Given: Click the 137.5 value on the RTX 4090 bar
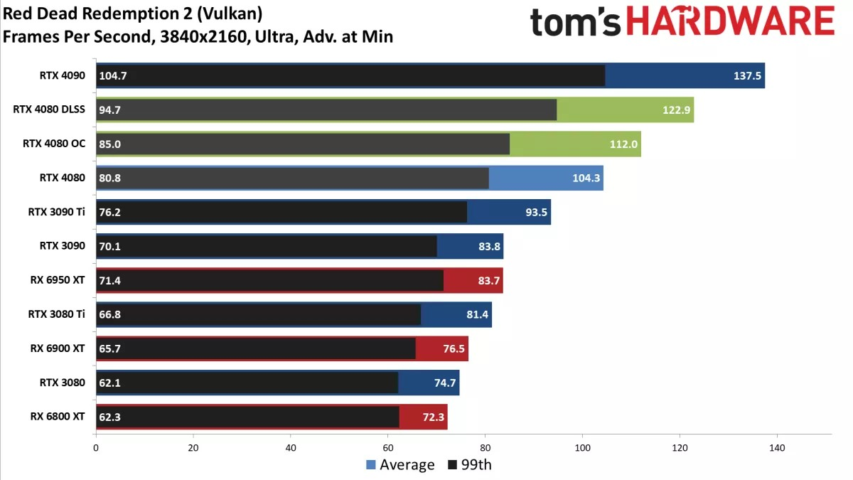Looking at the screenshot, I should pos(748,75).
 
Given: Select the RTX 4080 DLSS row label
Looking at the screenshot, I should pos(49,110).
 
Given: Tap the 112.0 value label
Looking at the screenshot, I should pos(625,144).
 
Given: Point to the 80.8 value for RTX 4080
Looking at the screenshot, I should pos(110,178).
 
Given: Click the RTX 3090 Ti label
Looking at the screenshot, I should pos(56,212).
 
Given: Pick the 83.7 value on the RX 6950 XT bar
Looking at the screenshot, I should pos(488,280).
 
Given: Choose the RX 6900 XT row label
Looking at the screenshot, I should pos(58,348).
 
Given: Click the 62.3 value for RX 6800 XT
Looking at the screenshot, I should pos(110,417).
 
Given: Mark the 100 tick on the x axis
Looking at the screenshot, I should pos(582,449).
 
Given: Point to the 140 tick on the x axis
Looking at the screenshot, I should pos(777,449).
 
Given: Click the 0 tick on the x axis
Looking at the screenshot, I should pos(96,449).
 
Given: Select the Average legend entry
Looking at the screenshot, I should pos(400,465).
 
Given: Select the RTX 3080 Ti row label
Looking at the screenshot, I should pos(56,314).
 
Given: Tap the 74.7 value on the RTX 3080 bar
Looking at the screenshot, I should pos(445,383).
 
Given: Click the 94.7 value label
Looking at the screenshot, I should pos(110,110).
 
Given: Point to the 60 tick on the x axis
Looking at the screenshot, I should pos(388,449).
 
